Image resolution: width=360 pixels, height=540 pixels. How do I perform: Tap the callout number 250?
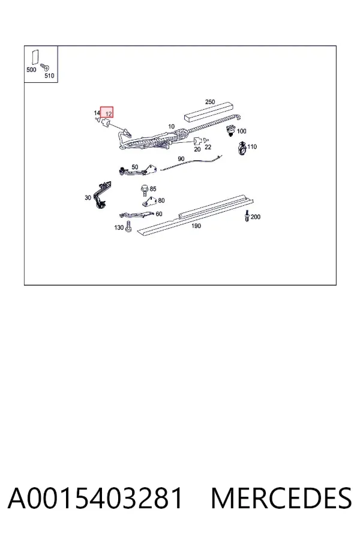(210, 102)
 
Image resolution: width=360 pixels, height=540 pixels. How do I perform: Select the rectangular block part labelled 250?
(208, 111)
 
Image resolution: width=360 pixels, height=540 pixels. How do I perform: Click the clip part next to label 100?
(231, 131)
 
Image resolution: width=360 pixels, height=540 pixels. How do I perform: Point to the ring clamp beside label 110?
(242, 149)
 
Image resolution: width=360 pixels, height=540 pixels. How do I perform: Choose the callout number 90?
(181, 159)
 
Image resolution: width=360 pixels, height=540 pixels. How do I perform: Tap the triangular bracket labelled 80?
(149, 202)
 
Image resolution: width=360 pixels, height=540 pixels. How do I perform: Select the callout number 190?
(196, 226)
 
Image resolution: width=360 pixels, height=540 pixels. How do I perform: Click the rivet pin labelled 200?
(247, 215)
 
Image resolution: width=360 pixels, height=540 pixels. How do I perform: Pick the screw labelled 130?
(128, 227)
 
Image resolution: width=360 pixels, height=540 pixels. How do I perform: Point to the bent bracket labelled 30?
(103, 194)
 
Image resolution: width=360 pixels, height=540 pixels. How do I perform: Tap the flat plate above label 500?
(35, 58)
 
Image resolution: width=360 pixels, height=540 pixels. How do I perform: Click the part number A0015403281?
(95, 498)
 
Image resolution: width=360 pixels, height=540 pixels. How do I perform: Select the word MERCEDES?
(281, 498)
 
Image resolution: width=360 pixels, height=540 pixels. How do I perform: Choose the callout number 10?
(171, 127)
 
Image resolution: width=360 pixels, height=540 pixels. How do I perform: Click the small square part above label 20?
(197, 141)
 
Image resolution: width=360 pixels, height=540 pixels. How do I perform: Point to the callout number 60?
(159, 214)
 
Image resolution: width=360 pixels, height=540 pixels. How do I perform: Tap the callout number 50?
(134, 167)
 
